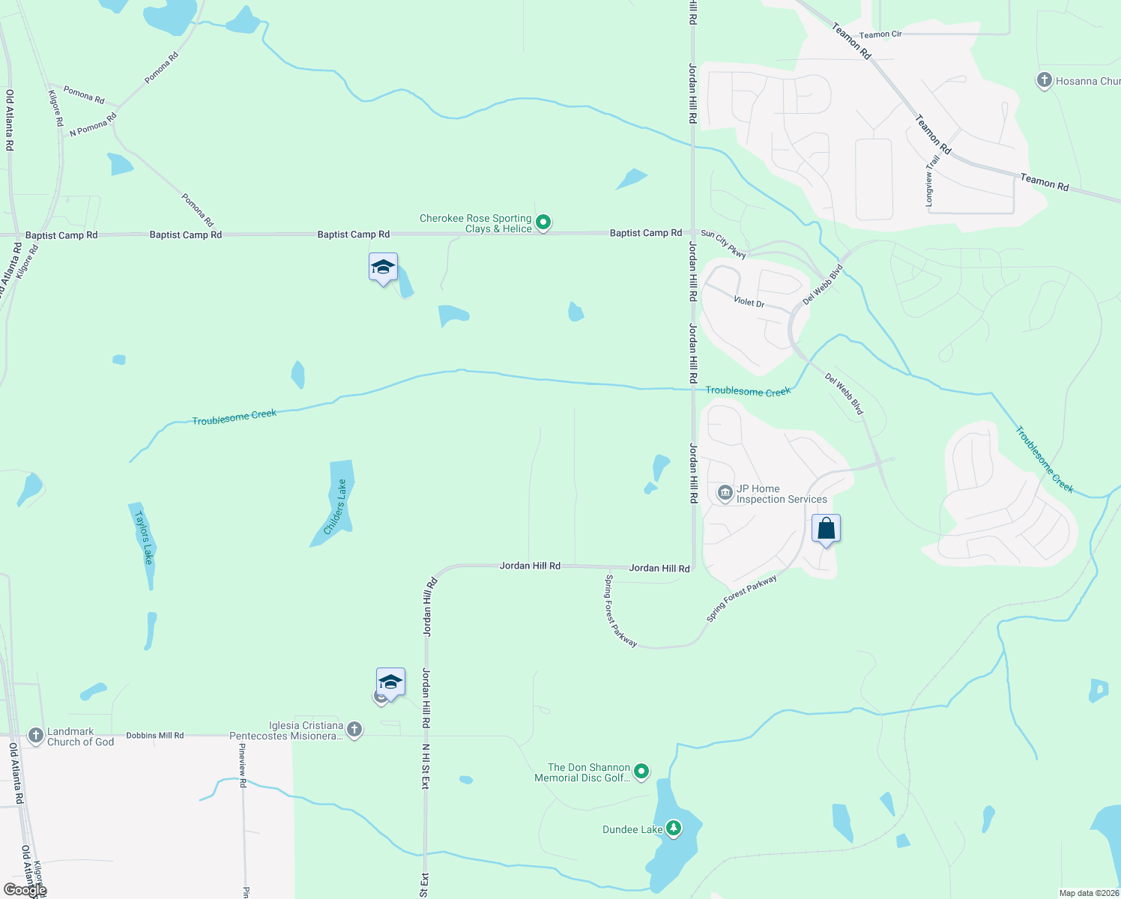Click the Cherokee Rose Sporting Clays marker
(x=544, y=223)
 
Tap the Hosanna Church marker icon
(x=1044, y=80)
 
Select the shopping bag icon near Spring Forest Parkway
(x=826, y=529)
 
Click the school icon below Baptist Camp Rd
(x=383, y=267)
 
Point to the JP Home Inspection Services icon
(x=725, y=492)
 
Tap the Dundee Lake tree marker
(x=674, y=828)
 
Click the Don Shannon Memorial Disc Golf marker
(x=641, y=771)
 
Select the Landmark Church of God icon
(x=36, y=736)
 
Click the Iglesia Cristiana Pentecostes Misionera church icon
(x=354, y=729)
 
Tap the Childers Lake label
(x=336, y=506)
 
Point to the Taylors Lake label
(x=143, y=537)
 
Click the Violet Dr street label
(x=749, y=303)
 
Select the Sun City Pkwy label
(x=723, y=245)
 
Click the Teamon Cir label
(x=880, y=34)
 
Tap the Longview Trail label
(x=931, y=181)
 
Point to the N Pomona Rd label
(x=93, y=125)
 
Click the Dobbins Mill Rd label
(x=154, y=736)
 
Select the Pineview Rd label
(x=243, y=765)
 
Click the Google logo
(x=25, y=890)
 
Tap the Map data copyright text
(x=1089, y=893)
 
